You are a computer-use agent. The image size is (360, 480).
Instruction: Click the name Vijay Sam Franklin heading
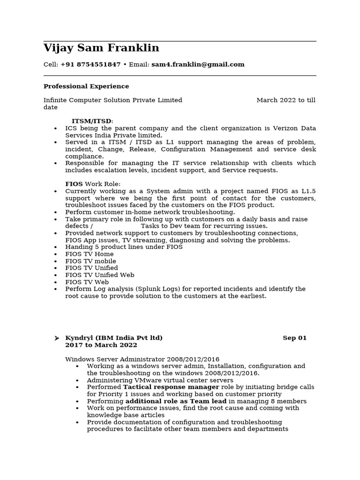101,48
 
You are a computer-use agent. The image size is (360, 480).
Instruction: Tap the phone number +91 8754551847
90,65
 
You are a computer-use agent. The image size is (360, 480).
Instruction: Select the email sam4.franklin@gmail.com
198,65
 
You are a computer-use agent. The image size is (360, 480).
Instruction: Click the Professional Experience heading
86,86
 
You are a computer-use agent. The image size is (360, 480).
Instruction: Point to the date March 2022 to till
286,100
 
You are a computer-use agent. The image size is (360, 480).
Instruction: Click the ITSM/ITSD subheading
92,121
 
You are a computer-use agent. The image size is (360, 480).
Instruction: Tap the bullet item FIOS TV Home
89,254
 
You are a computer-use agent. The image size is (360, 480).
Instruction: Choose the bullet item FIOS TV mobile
90,261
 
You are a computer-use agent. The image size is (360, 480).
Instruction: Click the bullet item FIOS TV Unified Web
99,275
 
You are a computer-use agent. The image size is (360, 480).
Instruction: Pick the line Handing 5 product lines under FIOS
124,247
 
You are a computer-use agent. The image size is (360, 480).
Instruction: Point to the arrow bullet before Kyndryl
57,338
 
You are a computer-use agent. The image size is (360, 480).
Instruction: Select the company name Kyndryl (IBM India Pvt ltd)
114,338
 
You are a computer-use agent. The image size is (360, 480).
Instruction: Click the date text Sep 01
294,338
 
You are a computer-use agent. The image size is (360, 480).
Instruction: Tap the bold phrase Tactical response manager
171,387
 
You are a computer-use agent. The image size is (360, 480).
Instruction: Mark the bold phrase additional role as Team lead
176,401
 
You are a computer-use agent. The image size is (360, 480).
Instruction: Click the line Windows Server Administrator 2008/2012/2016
142,359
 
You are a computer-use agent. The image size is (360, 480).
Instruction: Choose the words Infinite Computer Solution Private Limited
113,100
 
